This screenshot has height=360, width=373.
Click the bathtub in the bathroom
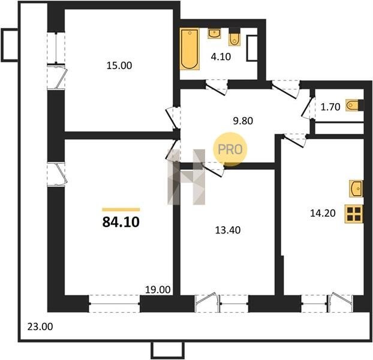coord(189,49)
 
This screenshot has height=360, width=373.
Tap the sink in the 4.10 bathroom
coord(214,34)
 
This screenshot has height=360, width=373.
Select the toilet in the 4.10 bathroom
coord(234,40)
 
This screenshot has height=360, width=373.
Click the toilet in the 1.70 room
coord(352,105)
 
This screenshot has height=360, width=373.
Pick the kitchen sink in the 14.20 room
coord(356,188)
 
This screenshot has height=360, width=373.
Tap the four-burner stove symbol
coord(354,214)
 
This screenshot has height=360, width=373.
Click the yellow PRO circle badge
coord(230,149)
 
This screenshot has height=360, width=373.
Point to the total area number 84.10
coord(121,222)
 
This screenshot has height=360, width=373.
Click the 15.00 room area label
coord(119,65)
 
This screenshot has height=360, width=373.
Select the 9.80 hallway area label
coord(243,121)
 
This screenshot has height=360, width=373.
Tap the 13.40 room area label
coord(228,230)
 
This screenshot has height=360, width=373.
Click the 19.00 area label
coord(158,290)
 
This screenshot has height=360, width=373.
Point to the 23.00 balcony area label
coord(40,326)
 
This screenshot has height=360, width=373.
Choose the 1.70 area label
coord(330,107)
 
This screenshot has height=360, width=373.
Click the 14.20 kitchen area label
coord(323,213)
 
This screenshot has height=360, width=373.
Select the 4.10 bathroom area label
coord(221,57)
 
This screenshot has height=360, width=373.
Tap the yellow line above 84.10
coord(121,209)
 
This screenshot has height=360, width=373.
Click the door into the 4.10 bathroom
coord(216,88)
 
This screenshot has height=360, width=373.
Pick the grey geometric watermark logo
coord(186,177)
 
